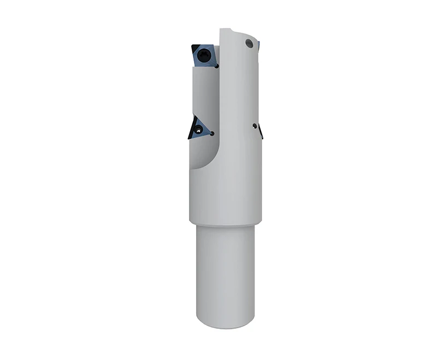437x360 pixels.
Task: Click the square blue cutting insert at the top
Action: point(205,57)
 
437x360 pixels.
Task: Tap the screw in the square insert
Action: point(204,55)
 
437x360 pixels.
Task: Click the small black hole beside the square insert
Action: point(217,66)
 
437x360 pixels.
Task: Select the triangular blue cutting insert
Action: point(199,128)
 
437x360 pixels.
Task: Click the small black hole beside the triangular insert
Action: point(211,132)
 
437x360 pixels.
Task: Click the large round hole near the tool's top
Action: point(249,42)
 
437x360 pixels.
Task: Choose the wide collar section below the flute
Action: point(224,197)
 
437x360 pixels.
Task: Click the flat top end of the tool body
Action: point(228,28)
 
